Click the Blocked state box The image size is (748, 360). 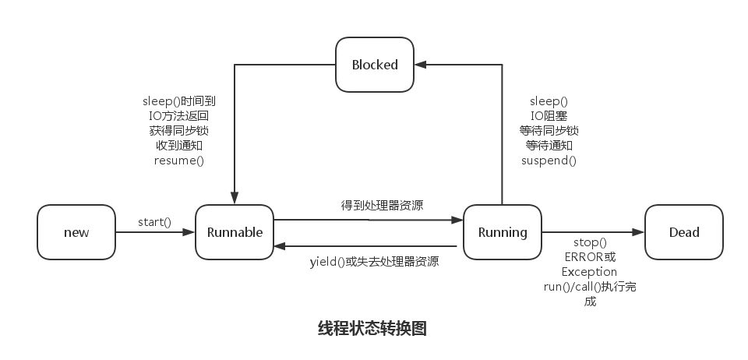point(374,65)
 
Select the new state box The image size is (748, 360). point(76,232)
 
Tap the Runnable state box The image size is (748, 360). point(235,232)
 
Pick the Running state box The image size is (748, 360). point(502,232)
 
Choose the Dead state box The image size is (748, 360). point(684,232)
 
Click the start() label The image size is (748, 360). point(154,222)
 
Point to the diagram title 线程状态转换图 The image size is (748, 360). point(372,328)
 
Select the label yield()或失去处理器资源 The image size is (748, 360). point(374,262)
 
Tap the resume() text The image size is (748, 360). point(178,161)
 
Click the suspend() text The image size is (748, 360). point(549,161)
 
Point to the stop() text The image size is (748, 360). point(590,242)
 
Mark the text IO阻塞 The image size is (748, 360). point(549,116)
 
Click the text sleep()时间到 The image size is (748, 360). point(178,101)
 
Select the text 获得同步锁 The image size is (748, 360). point(178,131)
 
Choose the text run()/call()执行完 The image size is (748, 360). point(590,287)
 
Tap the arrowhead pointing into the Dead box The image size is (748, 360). point(640,232)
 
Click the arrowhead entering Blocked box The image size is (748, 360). point(419,65)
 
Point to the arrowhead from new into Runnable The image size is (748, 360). point(189,232)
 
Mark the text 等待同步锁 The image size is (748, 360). point(549,131)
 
